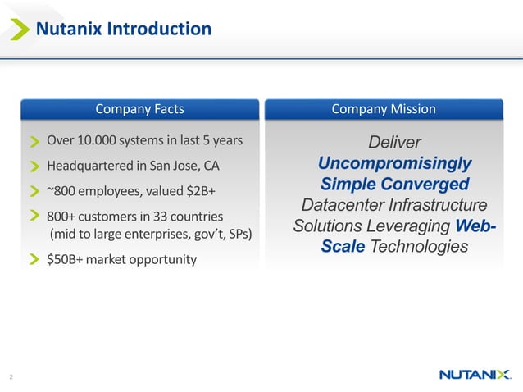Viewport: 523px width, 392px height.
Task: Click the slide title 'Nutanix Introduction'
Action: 122,30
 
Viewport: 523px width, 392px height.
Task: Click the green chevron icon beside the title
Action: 16,30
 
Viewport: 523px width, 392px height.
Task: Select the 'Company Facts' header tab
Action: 139,109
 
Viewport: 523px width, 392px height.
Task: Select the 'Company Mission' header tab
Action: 383,109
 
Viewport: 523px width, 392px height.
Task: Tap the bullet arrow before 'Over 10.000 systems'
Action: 35,140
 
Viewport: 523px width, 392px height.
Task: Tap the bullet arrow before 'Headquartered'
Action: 35,166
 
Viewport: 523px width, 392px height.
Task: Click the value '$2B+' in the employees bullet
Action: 198,191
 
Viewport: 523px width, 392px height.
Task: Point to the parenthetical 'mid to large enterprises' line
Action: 152,235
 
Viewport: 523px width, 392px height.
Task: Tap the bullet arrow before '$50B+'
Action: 35,261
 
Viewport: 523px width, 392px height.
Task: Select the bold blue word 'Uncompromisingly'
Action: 394,164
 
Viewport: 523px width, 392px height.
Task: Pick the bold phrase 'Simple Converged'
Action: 394,184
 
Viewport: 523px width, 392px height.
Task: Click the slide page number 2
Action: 11,376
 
